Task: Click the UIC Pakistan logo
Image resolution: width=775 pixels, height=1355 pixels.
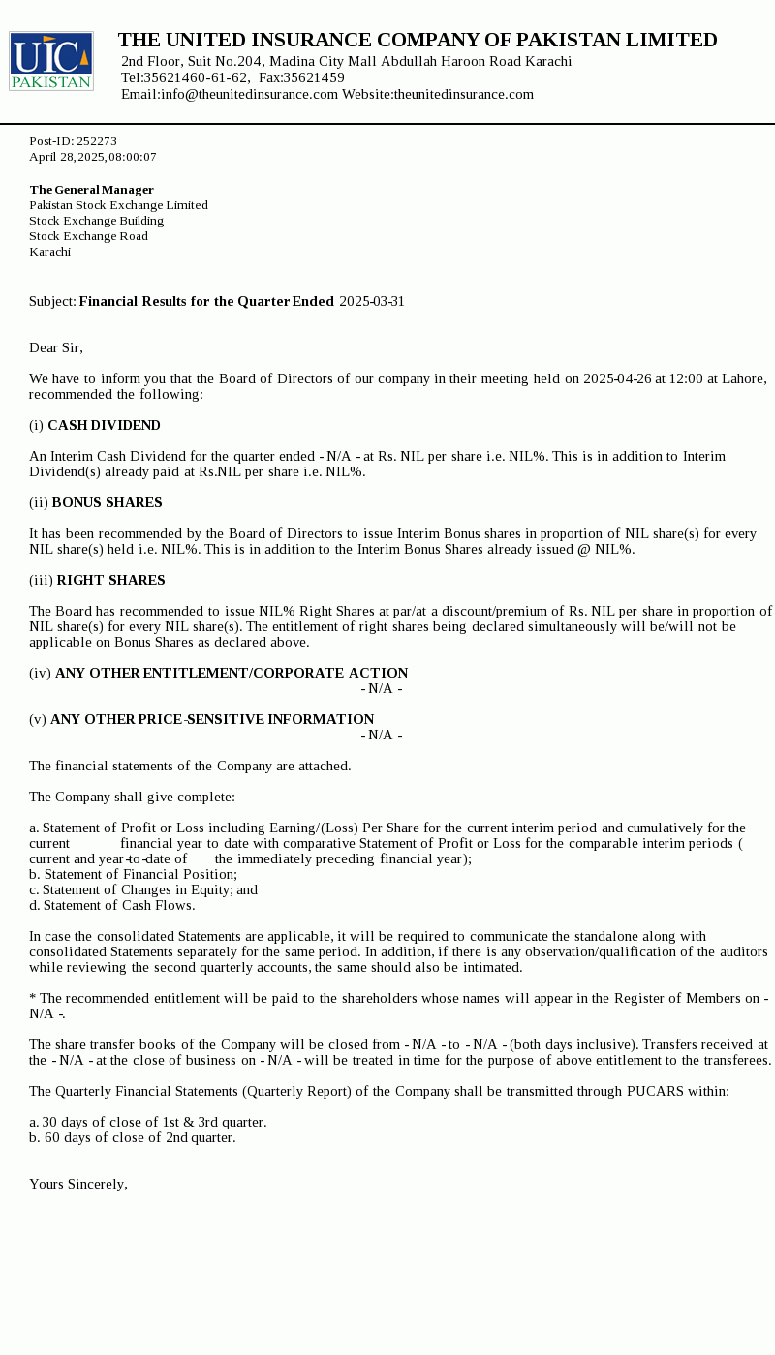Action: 51,61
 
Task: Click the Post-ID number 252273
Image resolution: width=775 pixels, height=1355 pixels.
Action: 97,141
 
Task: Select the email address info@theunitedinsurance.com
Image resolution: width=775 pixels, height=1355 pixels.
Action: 250,94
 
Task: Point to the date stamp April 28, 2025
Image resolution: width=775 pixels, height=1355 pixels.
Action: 67,157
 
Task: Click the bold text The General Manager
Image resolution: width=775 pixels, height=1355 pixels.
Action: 92,190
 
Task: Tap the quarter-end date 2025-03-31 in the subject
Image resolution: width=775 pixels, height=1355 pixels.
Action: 372,301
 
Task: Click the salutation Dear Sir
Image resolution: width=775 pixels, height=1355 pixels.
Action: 56,347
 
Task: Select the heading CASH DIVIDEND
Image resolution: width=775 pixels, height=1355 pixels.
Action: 104,425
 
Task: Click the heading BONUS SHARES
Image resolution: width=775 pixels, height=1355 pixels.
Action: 107,502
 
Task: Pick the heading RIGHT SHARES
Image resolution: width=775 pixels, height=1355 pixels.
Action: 110,580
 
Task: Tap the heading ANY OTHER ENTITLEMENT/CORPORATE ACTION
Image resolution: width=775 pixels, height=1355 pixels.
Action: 232,673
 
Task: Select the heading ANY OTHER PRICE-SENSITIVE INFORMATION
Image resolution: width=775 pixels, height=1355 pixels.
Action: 212,719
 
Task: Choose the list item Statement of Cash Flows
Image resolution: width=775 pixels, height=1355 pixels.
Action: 118,905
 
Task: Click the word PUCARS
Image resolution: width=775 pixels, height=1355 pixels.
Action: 656,1091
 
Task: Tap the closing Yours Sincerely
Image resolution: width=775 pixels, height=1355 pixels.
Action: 78,1184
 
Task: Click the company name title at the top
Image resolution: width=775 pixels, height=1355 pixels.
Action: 418,40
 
